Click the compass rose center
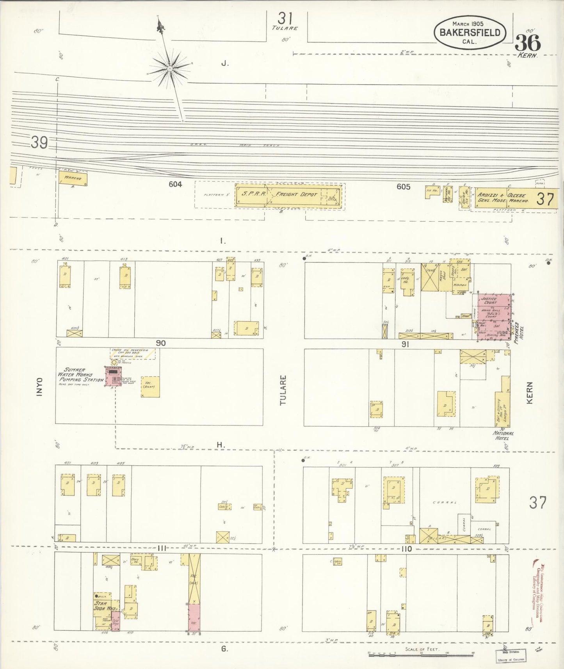(170, 69)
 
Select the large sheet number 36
(528, 42)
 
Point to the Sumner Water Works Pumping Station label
(80, 375)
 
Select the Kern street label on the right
(530, 392)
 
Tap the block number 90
(161, 343)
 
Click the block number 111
(162, 549)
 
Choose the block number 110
(406, 549)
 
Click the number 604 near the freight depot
(175, 184)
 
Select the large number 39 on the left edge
(39, 144)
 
